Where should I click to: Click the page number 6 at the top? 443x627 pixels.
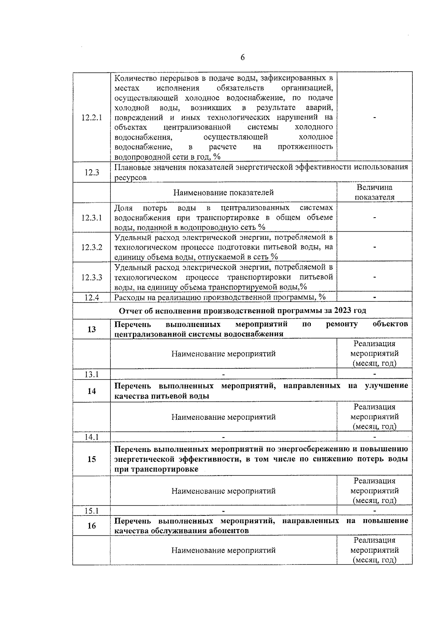(243, 57)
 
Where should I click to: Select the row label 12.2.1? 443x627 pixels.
(92, 117)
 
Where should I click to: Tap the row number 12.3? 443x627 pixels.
(92, 172)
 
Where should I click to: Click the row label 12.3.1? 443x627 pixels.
(92, 218)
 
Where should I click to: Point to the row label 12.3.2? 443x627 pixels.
(92, 247)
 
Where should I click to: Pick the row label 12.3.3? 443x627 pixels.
(92, 277)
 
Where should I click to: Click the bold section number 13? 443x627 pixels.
(92, 329)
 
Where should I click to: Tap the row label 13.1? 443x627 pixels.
(92, 374)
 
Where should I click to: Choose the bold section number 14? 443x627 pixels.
(92, 391)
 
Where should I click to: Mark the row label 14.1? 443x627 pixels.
(92, 437)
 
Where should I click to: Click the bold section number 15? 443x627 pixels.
(92, 459)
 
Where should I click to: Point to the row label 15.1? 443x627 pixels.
(92, 511)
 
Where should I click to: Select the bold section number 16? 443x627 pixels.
(92, 525)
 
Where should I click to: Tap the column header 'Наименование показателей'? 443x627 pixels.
(223, 192)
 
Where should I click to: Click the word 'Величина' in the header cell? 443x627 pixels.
(374, 187)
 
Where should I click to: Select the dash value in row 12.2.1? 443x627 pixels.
(375, 118)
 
